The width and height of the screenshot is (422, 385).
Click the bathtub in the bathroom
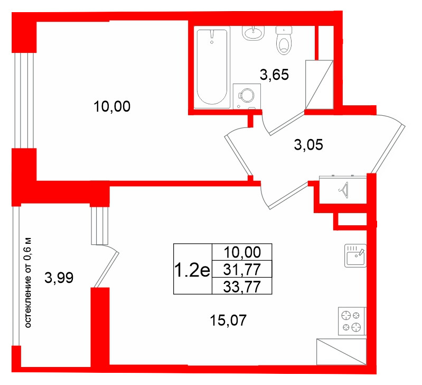tap(212, 67)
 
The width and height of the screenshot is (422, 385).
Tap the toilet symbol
tap(284, 40)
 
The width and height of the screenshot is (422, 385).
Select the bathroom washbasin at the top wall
tap(254, 33)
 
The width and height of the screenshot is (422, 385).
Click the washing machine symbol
tap(247, 96)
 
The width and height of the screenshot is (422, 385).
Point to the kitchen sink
tap(355, 255)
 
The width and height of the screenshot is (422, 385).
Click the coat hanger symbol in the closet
tap(343, 190)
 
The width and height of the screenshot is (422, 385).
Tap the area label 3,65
tap(274, 75)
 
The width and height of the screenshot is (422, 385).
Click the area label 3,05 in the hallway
tap(308, 145)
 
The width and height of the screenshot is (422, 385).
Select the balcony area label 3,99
tap(59, 278)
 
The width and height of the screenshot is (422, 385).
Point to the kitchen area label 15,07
tap(228, 320)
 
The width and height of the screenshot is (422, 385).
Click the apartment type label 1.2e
tap(192, 270)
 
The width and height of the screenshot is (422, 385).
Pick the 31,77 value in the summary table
tap(242, 269)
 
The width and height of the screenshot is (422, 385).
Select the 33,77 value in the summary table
tap(242, 286)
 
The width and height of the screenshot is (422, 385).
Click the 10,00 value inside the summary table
tap(242, 252)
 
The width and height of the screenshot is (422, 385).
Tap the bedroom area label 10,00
tap(112, 106)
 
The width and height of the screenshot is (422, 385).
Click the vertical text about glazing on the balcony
tap(29, 282)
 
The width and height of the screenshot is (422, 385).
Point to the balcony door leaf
tap(106, 269)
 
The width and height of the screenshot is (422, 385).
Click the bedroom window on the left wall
tap(24, 100)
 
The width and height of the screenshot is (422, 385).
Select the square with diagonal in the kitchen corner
tap(342, 352)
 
